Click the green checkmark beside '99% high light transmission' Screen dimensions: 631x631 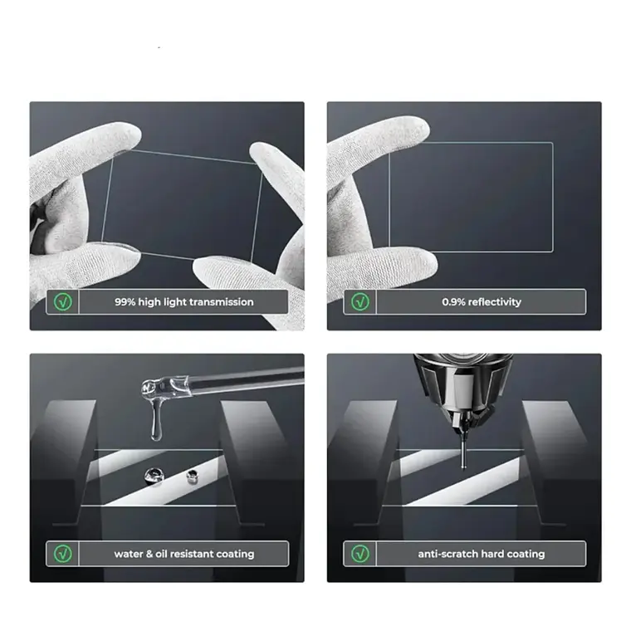coord(63,302)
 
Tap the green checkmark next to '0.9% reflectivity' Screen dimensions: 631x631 coord(360,302)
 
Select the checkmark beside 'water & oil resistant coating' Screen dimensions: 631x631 coord(63,554)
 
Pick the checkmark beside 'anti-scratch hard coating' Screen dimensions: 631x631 coord(360,554)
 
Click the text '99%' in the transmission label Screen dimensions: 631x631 coord(125,302)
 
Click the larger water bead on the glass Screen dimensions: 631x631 coord(154,476)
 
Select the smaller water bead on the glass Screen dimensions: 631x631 coord(193,477)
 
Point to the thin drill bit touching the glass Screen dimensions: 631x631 coord(463,452)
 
